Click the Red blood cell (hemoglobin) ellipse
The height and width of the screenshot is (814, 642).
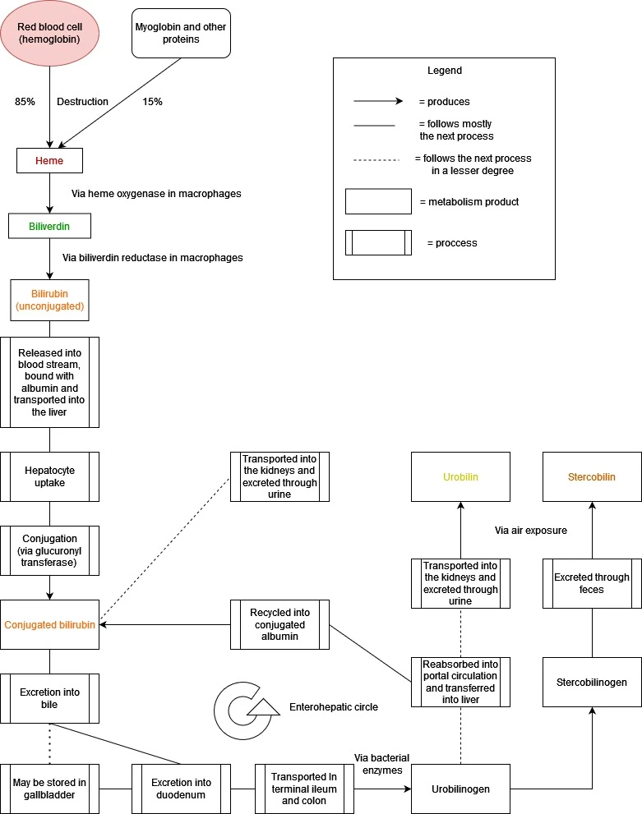(50, 33)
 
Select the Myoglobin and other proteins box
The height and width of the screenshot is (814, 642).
(181, 33)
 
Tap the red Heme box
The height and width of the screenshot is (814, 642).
(49, 160)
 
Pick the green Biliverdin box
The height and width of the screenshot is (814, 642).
(49, 226)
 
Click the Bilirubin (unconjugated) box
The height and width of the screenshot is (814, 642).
(49, 300)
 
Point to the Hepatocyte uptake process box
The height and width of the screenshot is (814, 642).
(49, 476)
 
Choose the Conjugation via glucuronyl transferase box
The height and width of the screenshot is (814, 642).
(49, 550)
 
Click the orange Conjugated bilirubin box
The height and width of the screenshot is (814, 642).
(49, 624)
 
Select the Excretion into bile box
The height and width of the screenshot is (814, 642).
(49, 698)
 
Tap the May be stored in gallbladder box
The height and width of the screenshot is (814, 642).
(49, 789)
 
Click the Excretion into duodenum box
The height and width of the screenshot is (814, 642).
(181, 789)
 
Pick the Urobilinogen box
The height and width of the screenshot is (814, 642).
(460, 789)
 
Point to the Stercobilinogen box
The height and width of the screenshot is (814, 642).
(592, 682)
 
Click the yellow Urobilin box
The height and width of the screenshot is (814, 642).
(460, 476)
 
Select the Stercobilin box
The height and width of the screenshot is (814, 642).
(592, 476)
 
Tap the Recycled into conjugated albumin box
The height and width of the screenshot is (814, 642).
(279, 624)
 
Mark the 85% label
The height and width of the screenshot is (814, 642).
(25, 102)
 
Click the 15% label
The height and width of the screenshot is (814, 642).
(152, 102)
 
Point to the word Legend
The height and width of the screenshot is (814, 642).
(444, 71)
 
